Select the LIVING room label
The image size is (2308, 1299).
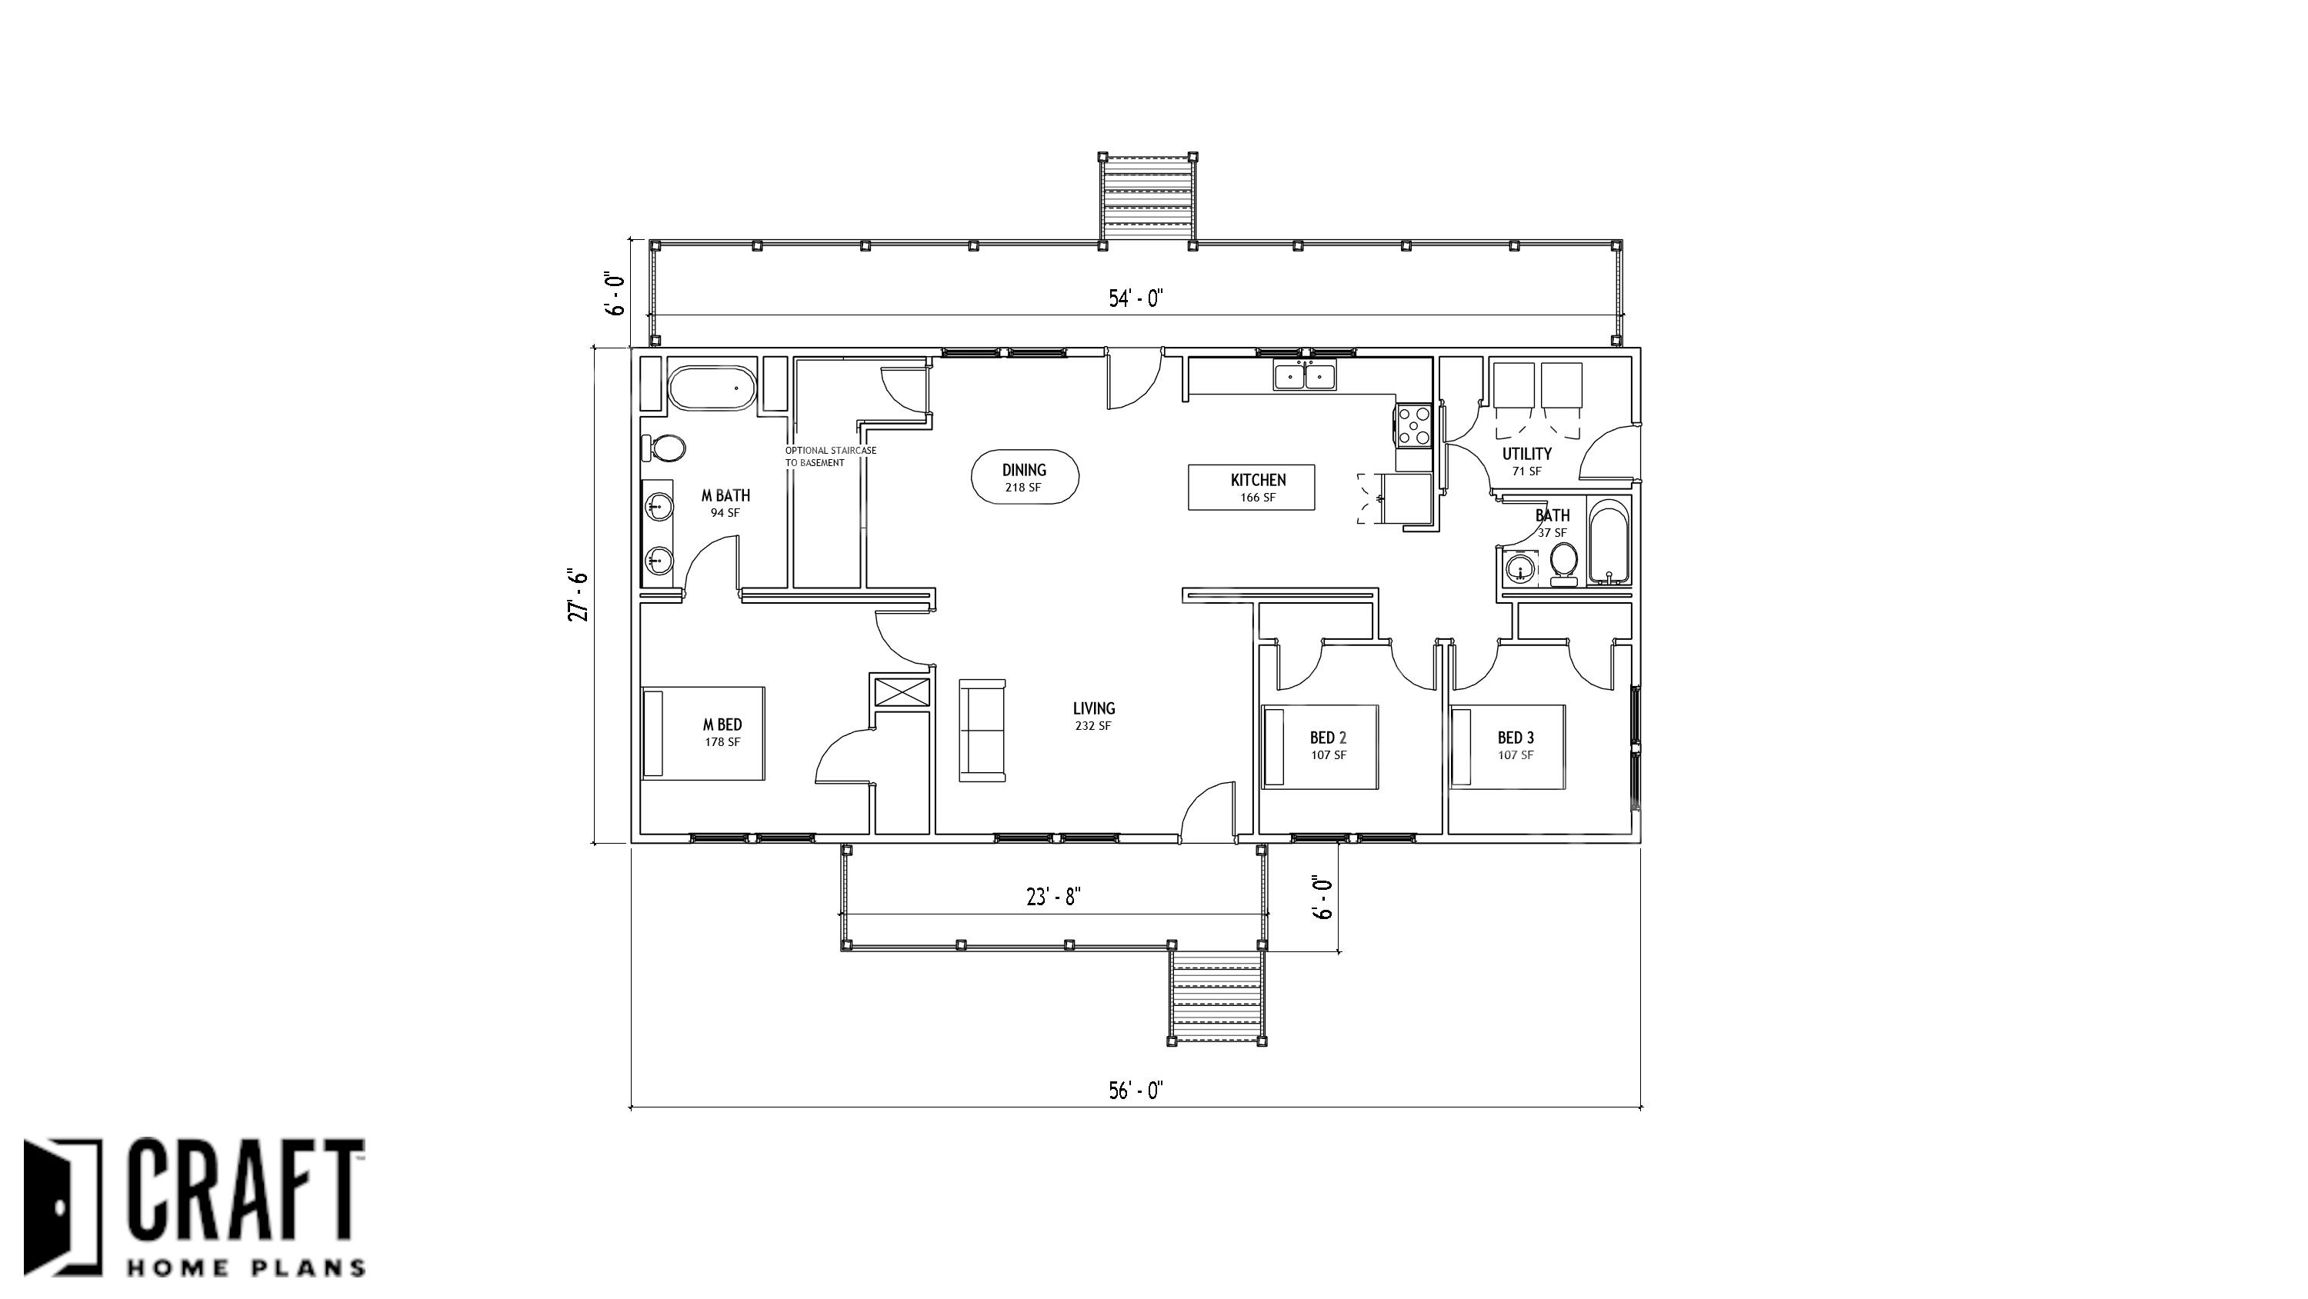coord(1093,708)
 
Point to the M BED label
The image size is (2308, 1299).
coord(722,724)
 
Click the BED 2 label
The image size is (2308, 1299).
coord(1328,738)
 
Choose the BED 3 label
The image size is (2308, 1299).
coord(1516,738)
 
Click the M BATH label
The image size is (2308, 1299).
coord(725,495)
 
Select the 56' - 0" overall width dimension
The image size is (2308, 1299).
coord(1136,1091)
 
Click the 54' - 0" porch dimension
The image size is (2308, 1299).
coord(1136,298)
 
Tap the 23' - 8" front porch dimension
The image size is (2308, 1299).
coord(1054,897)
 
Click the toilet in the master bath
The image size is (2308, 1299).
coord(663,447)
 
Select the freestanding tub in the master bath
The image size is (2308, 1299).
coord(712,388)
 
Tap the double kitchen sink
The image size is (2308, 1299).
coord(1305,376)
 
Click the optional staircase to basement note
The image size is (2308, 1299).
coord(831,457)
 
